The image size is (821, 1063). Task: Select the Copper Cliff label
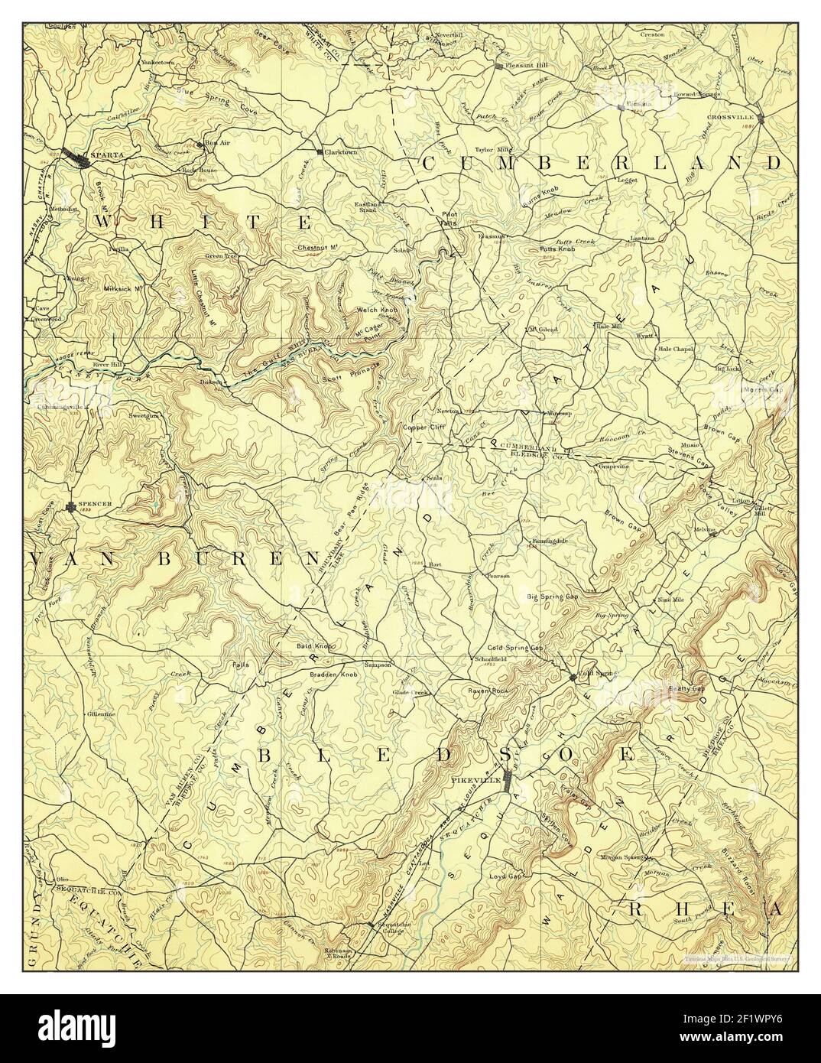pos(425,427)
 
